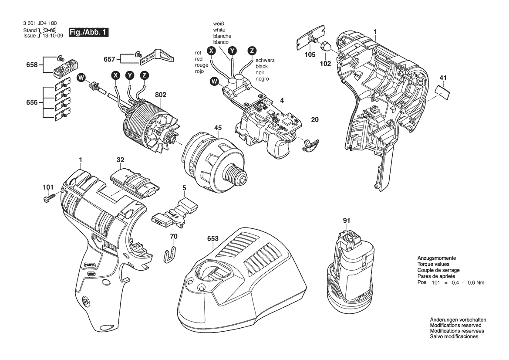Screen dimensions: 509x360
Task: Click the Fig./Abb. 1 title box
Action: [88, 33]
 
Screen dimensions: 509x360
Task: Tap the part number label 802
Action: [160, 95]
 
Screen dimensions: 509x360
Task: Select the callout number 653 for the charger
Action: [213, 239]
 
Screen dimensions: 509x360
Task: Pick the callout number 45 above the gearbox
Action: [218, 128]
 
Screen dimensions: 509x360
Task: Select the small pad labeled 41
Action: [442, 91]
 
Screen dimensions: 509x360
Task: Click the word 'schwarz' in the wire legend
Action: [265, 61]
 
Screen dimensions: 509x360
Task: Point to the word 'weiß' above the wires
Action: [219, 24]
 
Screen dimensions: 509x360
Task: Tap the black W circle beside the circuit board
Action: [214, 81]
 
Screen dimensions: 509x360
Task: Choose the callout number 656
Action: [32, 102]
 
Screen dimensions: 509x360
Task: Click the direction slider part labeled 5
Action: [175, 212]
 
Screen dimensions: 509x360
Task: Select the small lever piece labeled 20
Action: [311, 145]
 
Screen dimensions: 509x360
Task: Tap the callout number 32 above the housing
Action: [121, 160]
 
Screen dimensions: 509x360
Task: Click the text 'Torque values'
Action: [433, 264]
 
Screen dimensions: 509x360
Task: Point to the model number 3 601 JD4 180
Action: [40, 24]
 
